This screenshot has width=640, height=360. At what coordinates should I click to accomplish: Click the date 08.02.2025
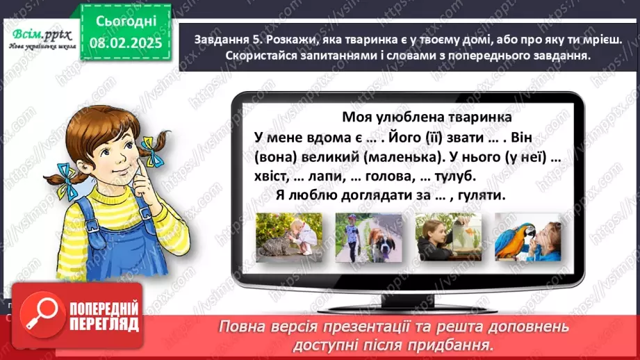tap(125, 42)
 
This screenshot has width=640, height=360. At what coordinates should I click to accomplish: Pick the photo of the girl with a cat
tap(282, 237)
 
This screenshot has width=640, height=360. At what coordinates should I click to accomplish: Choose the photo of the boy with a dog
tap(361, 237)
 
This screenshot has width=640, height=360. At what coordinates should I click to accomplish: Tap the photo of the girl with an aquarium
tap(442, 237)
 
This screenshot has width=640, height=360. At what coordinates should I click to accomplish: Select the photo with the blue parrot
tap(521, 237)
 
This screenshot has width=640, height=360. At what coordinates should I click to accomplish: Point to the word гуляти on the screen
tap(482, 196)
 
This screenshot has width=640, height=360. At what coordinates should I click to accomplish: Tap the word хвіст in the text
tap(252, 177)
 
